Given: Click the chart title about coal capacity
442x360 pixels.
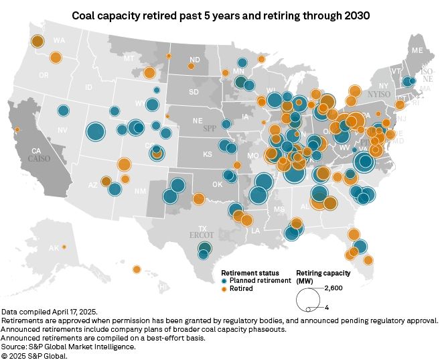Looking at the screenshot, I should click(221, 14).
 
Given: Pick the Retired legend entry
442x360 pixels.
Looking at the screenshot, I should click(240, 289).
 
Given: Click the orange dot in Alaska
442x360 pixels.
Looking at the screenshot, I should click(64, 247).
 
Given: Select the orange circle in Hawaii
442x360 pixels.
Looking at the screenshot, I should click(137, 270).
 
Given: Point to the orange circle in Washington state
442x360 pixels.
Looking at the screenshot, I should click(38, 42).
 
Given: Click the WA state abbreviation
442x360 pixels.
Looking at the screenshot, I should click(59, 41).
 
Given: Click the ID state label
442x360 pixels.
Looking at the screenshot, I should click(88, 88).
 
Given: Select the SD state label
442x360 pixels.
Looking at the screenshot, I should click(194, 91).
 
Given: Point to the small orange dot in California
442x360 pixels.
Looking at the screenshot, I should click(17, 129).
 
